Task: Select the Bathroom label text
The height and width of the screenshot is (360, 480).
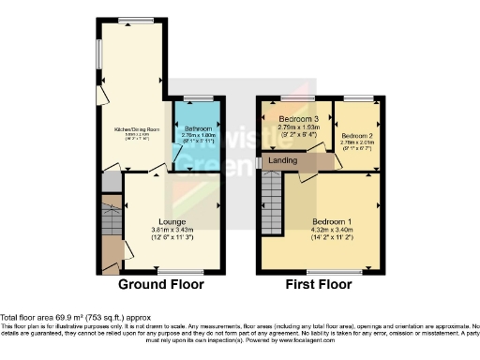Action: [198, 128]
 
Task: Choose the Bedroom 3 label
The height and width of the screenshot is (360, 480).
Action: [297, 118]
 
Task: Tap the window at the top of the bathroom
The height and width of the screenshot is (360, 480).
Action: [199, 98]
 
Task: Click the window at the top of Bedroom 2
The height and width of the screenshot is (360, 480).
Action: [358, 98]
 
